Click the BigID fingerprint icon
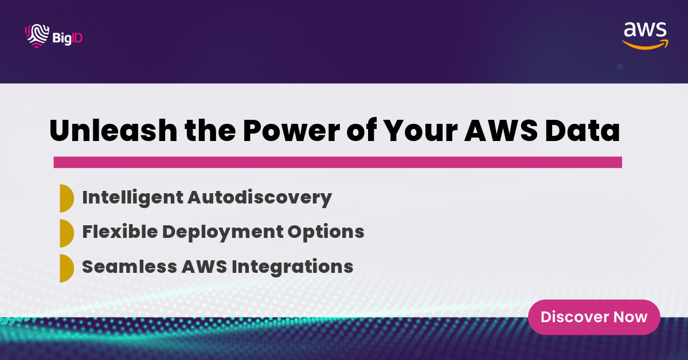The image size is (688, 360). coord(36,36)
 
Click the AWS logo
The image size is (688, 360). coord(645,35)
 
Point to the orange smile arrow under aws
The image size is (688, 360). coord(645,44)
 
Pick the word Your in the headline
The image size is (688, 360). coord(415,131)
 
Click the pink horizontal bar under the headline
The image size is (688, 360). coord(338,162)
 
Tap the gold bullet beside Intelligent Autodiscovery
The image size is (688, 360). coord(67,198)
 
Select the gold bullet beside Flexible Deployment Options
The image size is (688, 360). coord(67,233)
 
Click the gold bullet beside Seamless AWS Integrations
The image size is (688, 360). coord(67,267)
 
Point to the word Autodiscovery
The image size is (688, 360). coord(260,197)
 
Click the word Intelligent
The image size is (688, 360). coord(132,197)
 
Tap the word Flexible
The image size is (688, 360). coord(119,232)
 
